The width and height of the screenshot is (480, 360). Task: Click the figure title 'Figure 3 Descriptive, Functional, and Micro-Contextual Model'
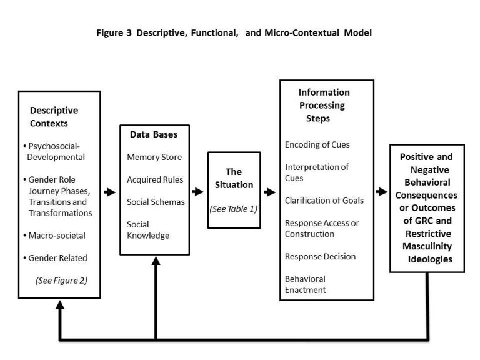[234, 33]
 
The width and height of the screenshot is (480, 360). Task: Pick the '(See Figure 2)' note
[62, 280]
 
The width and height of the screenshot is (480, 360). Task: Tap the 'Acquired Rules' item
[155, 179]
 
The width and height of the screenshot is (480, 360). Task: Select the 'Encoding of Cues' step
[317, 144]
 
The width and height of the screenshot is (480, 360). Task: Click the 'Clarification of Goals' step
[324, 201]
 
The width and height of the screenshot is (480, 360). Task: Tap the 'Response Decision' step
[320, 256]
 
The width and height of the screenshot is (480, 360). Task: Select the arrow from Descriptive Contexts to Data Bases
[109, 192]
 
